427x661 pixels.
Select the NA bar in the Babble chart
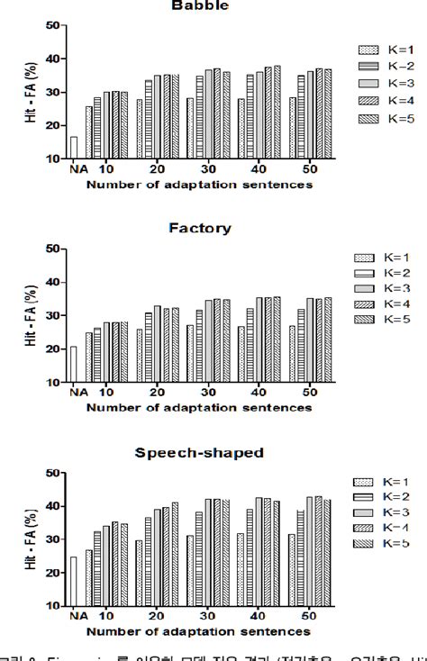coord(74,148)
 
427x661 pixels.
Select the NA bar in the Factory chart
coord(74,364)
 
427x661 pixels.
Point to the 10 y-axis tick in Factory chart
coord(54,382)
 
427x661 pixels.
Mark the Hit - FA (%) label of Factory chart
coord(32,315)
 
